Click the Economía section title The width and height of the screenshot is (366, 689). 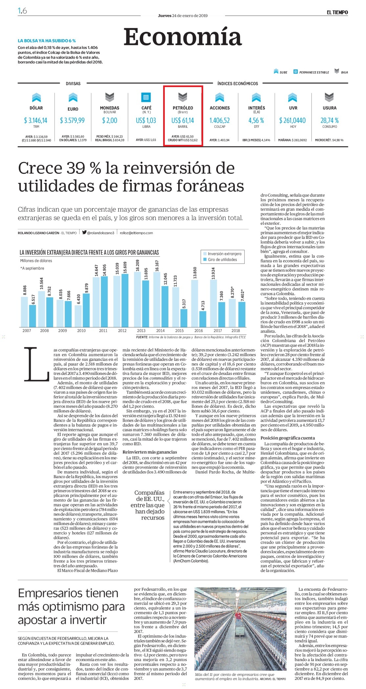(183, 37)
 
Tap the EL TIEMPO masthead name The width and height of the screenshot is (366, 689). (337, 12)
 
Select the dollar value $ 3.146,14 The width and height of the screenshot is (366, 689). (35, 121)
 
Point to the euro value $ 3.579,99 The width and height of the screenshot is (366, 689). (72, 121)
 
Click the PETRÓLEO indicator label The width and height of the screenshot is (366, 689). (183, 108)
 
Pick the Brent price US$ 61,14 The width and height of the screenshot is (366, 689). (183, 121)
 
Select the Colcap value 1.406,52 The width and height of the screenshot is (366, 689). (220, 121)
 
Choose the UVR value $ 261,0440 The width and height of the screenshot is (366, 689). (292, 121)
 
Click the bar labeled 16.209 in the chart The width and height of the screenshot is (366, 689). (138, 299)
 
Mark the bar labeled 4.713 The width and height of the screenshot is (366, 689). (203, 319)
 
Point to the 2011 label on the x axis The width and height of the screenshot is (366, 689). (103, 331)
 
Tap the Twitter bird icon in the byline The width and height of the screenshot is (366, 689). (84, 233)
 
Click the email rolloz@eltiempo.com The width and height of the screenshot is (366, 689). (136, 233)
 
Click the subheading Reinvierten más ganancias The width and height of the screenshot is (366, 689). (150, 452)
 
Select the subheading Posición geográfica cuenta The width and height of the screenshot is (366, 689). (288, 438)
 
